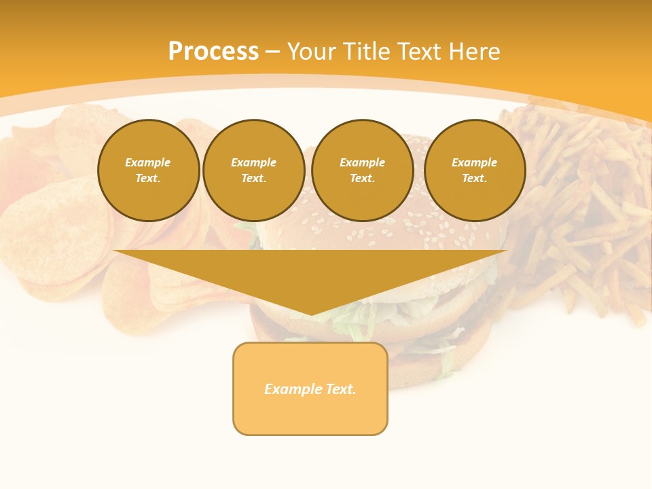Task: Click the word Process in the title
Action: [x=213, y=52]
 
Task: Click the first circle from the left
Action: [x=148, y=170]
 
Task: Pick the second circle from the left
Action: [x=254, y=170]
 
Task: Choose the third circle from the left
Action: [x=363, y=170]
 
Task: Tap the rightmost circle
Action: [x=475, y=170]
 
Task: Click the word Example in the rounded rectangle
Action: [x=292, y=389]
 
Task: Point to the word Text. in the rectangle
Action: [x=340, y=389]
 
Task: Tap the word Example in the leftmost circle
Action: [x=148, y=162]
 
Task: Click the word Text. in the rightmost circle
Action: [x=475, y=178]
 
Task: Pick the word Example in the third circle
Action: [x=363, y=162]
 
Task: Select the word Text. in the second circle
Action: [x=254, y=178]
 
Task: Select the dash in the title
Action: [x=273, y=52]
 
